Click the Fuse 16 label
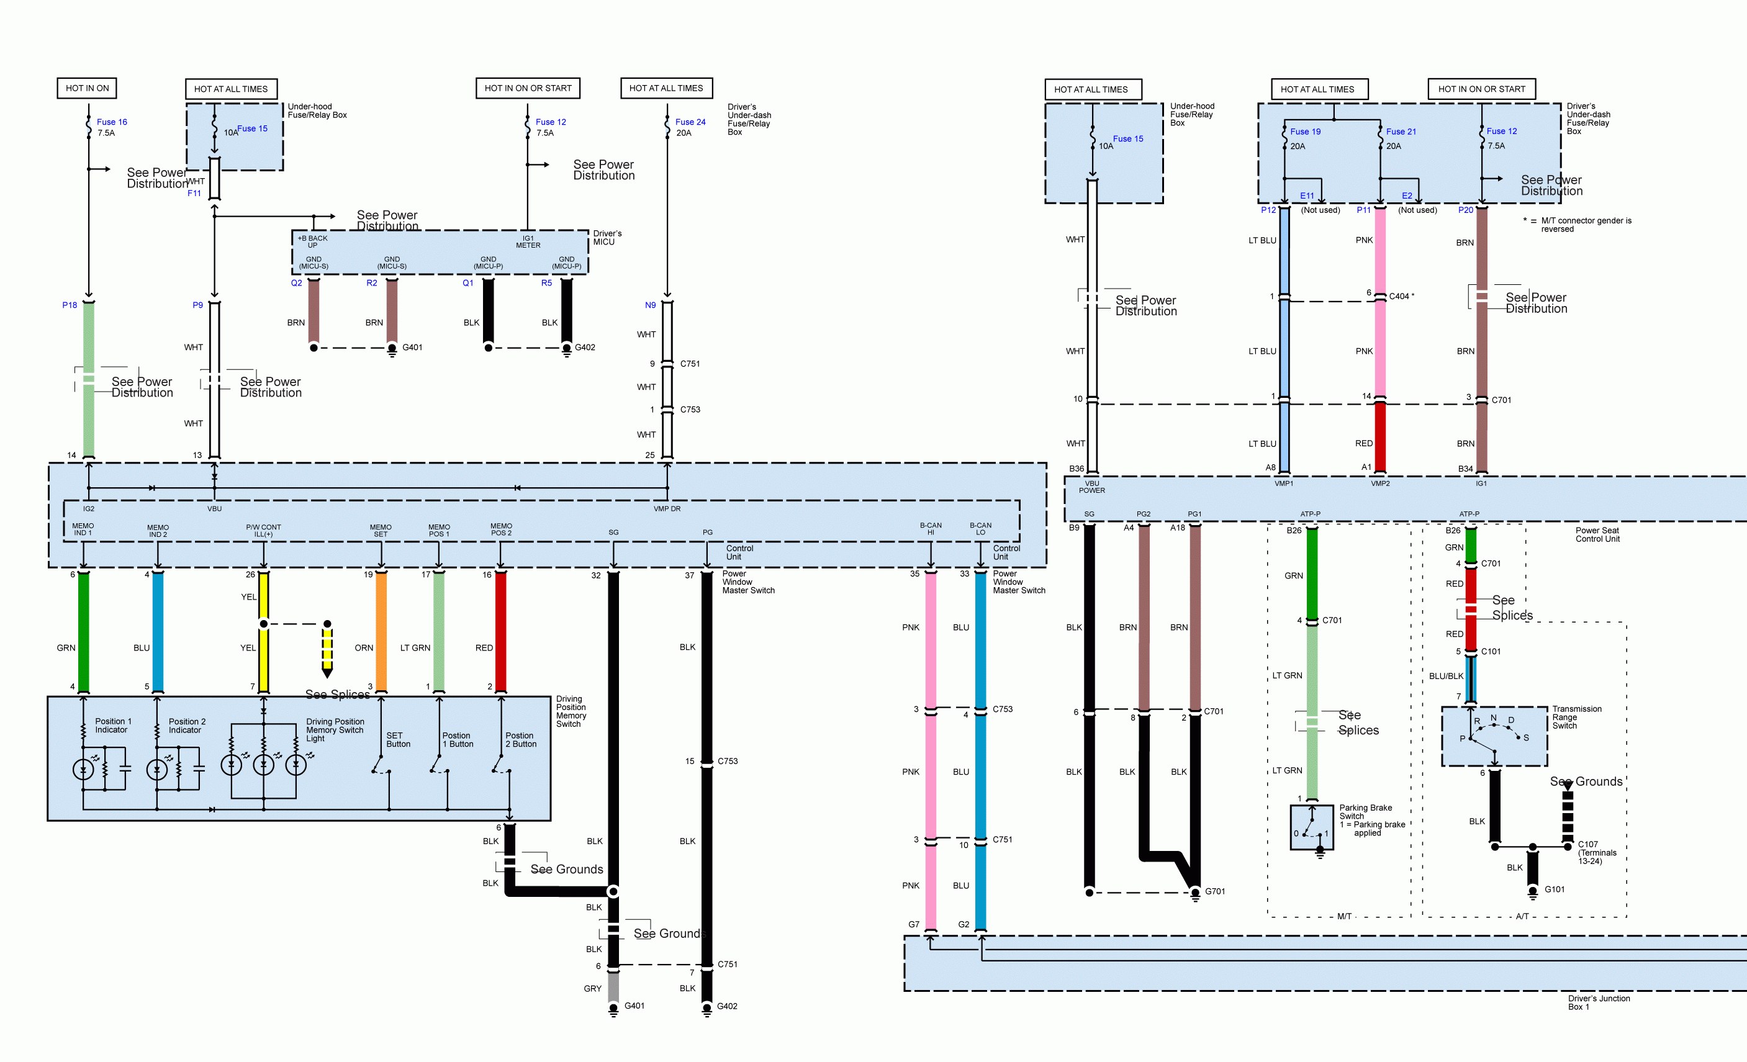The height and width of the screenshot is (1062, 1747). tap(111, 122)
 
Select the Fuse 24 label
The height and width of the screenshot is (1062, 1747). tap(690, 122)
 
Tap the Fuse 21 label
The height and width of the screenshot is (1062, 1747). tap(1401, 131)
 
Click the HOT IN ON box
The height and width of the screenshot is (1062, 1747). tap(87, 88)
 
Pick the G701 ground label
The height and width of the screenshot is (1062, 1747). tap(1214, 891)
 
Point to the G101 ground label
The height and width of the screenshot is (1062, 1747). tap(1554, 889)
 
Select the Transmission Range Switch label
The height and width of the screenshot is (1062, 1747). tap(1576, 717)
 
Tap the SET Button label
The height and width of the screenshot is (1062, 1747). tap(398, 739)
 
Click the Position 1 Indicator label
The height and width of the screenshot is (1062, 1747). tap(113, 725)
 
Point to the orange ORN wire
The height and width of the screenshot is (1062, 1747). tap(381, 631)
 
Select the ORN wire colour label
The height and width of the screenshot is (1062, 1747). tap(364, 648)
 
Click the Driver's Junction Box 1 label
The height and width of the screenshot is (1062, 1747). tap(1598, 1002)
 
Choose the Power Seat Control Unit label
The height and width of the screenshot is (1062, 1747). tap(1597, 534)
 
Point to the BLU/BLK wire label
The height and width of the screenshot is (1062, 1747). tap(1446, 677)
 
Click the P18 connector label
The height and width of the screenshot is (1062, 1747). tap(70, 305)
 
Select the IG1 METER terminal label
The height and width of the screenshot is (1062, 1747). tap(528, 241)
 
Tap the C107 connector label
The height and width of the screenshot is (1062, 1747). tap(1588, 844)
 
